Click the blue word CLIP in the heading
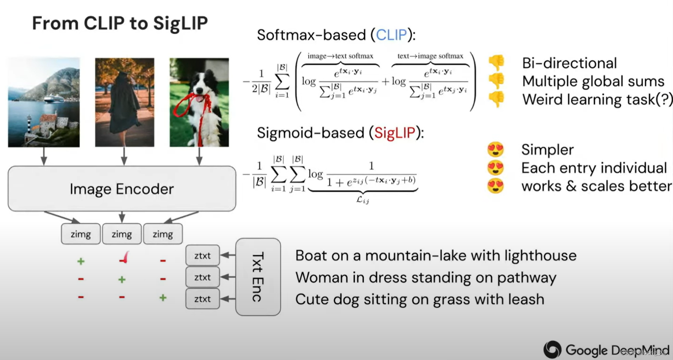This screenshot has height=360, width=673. point(391,35)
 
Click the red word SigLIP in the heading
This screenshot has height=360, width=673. point(395,133)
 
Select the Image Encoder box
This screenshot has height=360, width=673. point(122,189)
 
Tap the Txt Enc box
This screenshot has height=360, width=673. point(258,277)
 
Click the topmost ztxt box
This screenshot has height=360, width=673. point(203,255)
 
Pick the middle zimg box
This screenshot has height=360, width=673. point(122,234)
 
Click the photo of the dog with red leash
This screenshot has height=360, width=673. point(199,102)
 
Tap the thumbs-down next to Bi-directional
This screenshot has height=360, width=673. point(497,63)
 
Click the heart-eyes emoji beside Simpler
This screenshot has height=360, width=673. point(496,149)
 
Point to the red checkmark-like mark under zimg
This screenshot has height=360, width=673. point(124,258)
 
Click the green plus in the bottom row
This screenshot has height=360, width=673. point(163,298)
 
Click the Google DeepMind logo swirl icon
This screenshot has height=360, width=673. point(552,350)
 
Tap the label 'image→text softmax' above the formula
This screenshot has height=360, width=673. point(340,56)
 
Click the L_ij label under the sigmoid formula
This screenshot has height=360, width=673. point(362,199)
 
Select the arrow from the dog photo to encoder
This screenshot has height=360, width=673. point(199,156)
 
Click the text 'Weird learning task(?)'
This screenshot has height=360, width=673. point(597,100)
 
